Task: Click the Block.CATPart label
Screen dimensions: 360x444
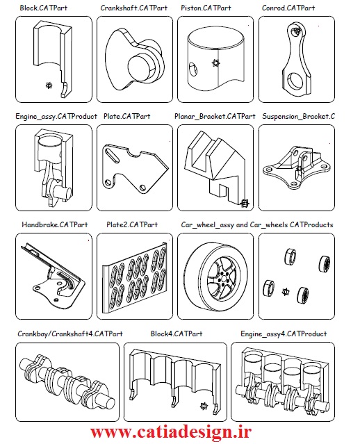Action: click(x=43, y=8)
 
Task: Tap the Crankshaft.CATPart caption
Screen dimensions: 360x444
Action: click(x=133, y=8)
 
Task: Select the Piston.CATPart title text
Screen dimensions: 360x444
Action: click(x=206, y=8)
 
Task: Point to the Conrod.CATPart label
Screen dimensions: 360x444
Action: click(x=288, y=8)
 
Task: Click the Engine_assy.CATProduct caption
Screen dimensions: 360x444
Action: click(x=56, y=116)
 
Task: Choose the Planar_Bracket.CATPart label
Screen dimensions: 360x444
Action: click(x=215, y=116)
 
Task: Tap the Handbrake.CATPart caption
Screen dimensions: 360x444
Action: click(x=55, y=225)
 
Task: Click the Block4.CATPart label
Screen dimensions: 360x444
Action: click(x=177, y=334)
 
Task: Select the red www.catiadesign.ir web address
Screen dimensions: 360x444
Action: click(x=171, y=432)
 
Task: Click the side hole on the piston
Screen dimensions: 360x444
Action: click(x=193, y=69)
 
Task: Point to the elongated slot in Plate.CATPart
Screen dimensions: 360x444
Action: click(x=112, y=155)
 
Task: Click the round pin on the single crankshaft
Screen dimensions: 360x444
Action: click(x=141, y=67)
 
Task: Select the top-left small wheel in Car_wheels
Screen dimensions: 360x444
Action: click(x=291, y=256)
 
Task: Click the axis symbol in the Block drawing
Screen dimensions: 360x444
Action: click(x=49, y=85)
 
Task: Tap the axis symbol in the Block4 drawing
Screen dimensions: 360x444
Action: click(x=204, y=406)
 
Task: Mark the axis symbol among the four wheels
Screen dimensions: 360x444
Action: click(x=286, y=291)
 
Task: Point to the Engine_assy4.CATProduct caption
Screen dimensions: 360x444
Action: click(x=284, y=334)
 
